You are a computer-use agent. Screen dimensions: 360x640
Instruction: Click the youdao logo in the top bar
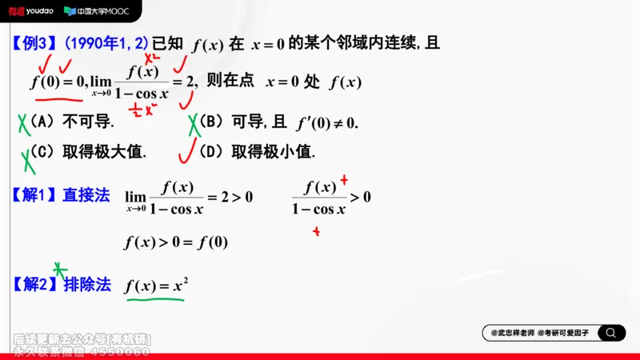point(31,11)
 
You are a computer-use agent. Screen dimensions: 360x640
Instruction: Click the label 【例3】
point(33,43)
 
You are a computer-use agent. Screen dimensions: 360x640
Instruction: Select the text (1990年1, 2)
point(106,43)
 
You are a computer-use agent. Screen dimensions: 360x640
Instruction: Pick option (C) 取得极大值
point(89,151)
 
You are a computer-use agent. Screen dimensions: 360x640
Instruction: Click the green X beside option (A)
point(24,123)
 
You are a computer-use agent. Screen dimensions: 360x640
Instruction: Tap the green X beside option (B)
point(194,124)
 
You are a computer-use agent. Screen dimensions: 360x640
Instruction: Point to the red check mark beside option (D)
point(187,150)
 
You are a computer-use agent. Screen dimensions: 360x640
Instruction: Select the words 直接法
point(86,195)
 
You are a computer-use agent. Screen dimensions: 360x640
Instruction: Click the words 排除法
point(86,284)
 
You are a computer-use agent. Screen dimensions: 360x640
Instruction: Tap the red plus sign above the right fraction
point(344,179)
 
